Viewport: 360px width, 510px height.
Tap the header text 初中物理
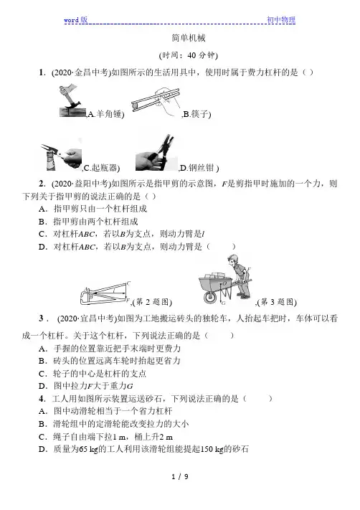tap(281, 19)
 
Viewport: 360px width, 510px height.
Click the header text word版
tap(76, 19)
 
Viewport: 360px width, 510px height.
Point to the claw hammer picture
tap(73, 101)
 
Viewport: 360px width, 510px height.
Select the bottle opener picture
tap(61, 156)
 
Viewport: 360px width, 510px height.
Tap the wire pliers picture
tap(156, 153)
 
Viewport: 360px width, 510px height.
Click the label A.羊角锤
tap(105, 114)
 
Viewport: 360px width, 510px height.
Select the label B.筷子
tap(196, 114)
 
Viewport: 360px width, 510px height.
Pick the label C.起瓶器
tap(101, 168)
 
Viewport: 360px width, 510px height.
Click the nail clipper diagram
tap(105, 293)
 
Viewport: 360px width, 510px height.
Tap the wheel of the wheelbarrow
tap(210, 297)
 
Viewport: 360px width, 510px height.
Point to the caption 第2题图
tap(152, 302)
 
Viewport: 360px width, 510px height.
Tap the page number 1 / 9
tap(180, 477)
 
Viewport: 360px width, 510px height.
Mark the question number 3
tap(42, 318)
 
